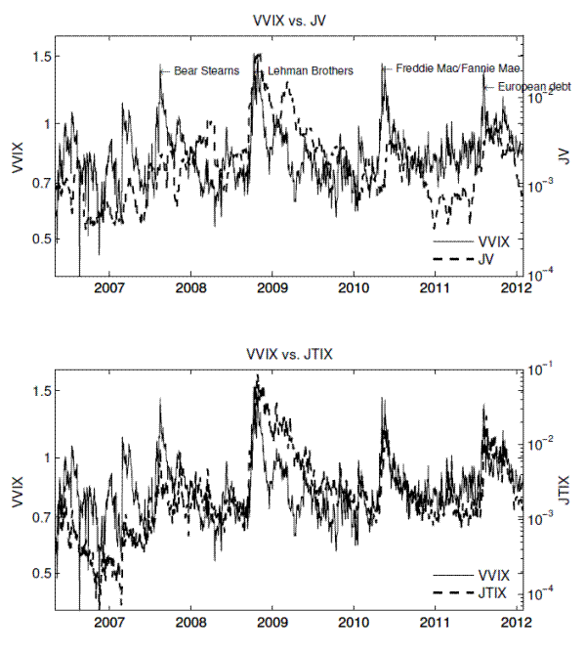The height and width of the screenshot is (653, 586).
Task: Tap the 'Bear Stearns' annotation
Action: point(205,71)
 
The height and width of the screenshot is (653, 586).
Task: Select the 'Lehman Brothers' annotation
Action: point(310,71)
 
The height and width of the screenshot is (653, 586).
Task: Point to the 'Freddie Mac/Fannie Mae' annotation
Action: point(457,69)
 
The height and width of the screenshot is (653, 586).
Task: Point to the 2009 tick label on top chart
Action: point(273,289)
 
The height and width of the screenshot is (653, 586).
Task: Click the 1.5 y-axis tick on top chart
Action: point(39,57)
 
